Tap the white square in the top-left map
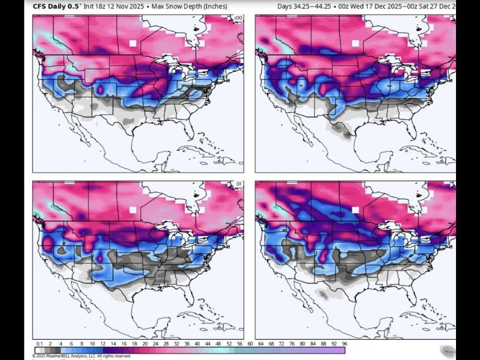(x=133, y=43)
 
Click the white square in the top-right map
(x=355, y=43)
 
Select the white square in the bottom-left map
(x=133, y=210)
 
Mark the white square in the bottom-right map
(x=355, y=210)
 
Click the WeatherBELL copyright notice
(x=82, y=356)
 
